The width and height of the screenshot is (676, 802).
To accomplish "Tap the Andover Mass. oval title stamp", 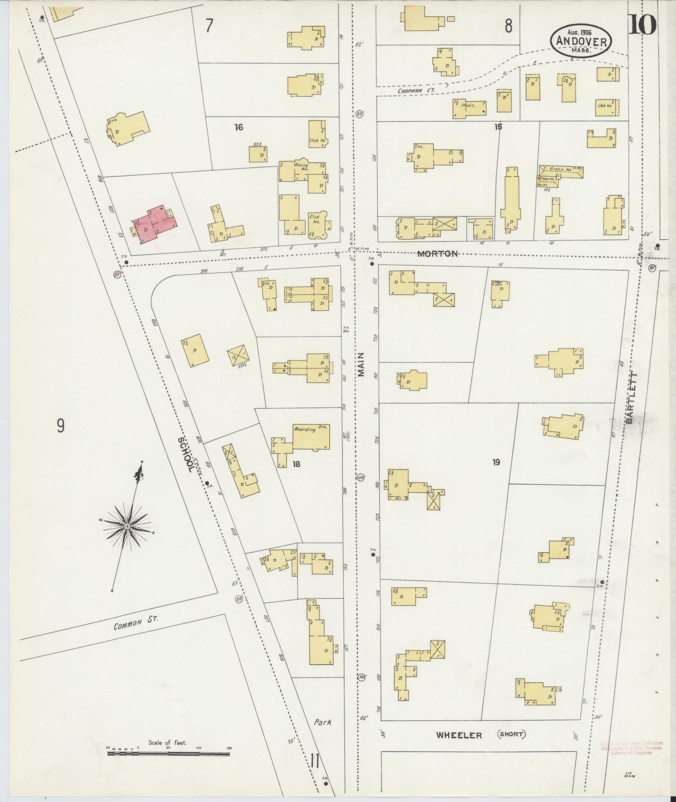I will [x=581, y=42].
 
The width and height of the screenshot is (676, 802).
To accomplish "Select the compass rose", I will [x=126, y=526].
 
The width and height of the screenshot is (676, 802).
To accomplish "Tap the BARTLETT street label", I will [x=630, y=398].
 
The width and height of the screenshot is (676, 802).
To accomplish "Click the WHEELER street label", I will [x=458, y=736].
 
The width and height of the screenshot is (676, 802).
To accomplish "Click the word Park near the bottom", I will [x=323, y=722].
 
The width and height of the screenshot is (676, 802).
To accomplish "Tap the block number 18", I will [x=296, y=464].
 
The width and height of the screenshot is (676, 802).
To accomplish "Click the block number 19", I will [x=496, y=462].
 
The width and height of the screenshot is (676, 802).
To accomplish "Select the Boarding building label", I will [x=304, y=429].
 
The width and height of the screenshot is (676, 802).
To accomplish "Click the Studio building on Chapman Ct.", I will [x=469, y=108].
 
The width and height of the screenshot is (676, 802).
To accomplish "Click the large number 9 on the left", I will [x=61, y=426].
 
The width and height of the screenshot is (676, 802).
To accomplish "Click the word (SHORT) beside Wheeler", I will [x=510, y=734].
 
